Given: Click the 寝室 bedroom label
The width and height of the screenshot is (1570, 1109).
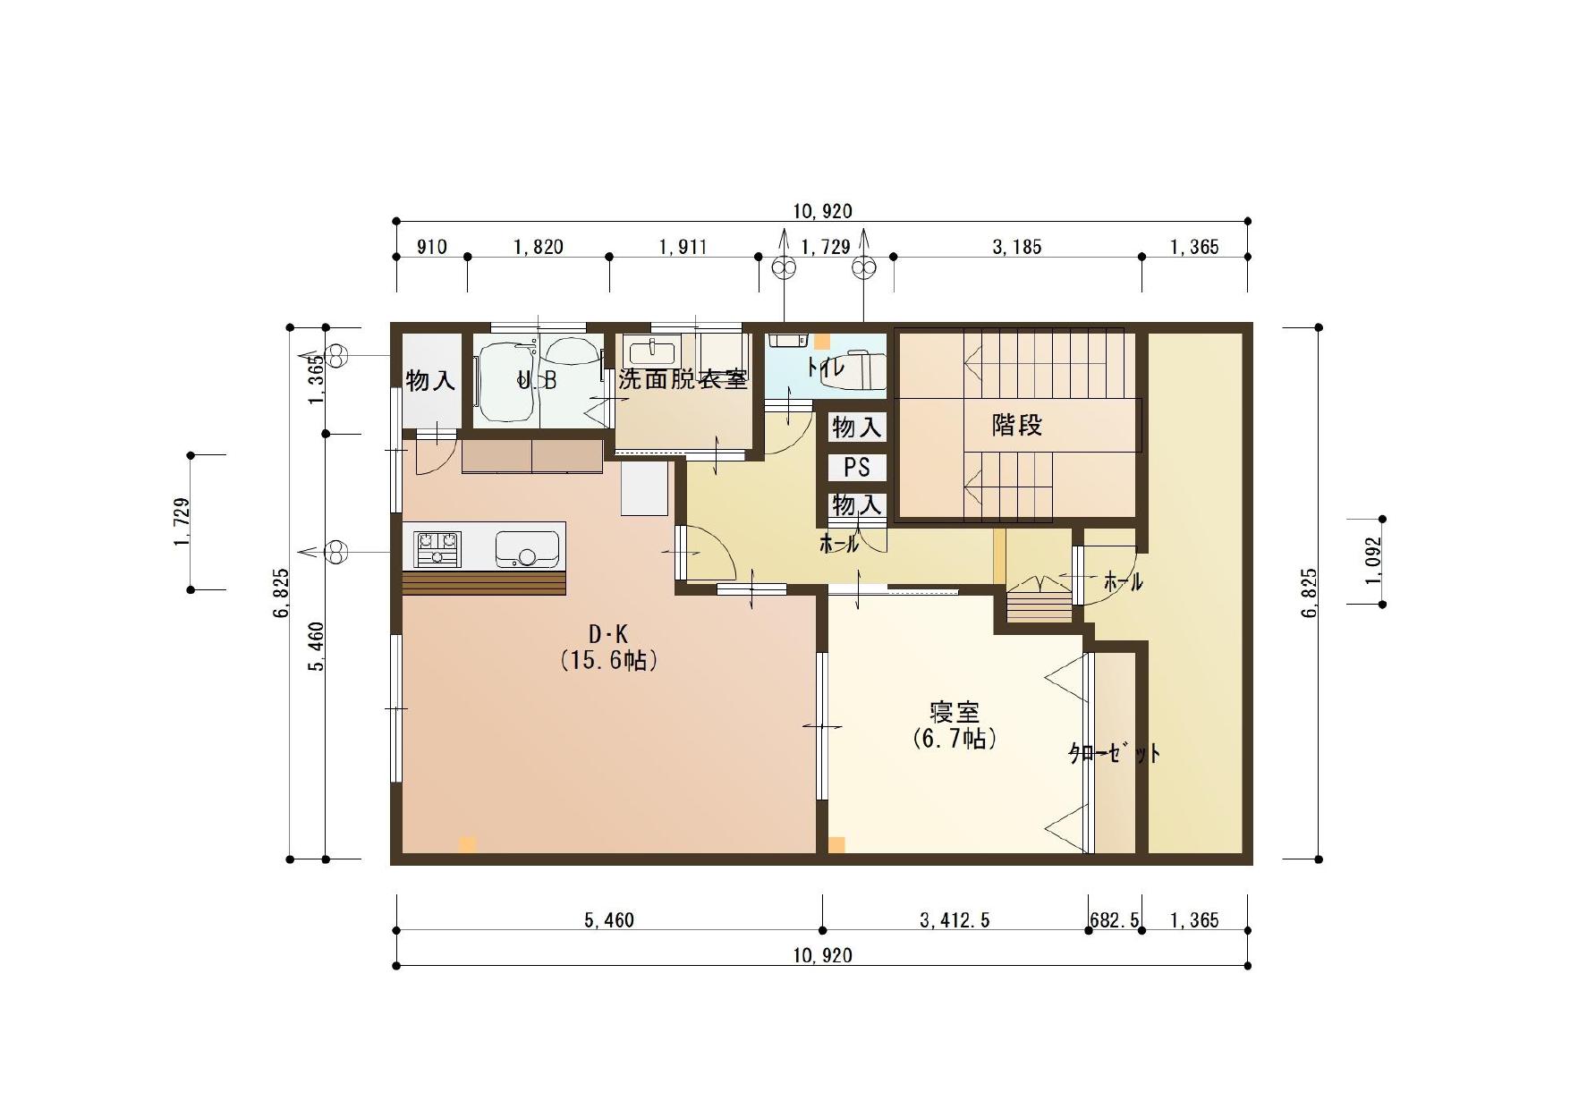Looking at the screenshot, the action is point(955,713).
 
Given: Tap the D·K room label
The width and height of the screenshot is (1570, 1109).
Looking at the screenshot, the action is point(608,634).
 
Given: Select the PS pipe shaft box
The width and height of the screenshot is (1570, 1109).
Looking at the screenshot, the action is point(857,467).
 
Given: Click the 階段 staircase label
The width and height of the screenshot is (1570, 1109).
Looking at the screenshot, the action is point(1017,425).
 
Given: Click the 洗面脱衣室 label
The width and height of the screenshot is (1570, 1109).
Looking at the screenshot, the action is point(683,379).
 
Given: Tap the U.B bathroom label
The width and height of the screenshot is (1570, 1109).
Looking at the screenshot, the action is point(537,380).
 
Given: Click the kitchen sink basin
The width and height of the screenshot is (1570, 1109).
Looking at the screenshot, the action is point(527,549).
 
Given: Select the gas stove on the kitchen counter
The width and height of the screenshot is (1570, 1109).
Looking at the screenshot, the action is point(437,548).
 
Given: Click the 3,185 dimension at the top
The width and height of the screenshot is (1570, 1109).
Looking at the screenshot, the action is point(1017,247).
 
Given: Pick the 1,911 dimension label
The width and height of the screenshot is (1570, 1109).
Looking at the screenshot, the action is point(683,247).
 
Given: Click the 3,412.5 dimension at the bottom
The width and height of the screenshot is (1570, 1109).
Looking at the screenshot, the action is point(955,920).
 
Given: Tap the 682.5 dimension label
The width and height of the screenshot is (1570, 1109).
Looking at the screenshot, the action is point(1115,920).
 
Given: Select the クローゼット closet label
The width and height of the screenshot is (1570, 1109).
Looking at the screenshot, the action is point(1115,753).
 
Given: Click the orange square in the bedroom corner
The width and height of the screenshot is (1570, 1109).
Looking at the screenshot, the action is point(836,844).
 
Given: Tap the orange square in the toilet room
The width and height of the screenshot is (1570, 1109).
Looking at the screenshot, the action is point(821,341).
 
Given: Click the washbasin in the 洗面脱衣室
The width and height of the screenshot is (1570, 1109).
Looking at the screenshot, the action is point(651,348).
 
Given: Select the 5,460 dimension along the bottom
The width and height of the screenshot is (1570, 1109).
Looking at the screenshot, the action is point(609,920).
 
